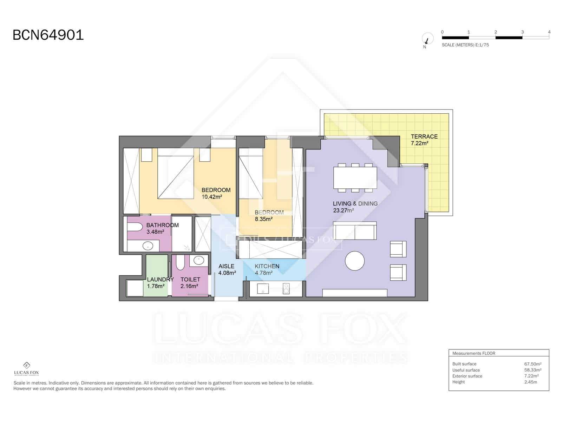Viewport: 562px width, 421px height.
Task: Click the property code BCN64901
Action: point(48,35)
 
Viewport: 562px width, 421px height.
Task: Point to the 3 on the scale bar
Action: point(522,32)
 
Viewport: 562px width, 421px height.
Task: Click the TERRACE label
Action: point(424,136)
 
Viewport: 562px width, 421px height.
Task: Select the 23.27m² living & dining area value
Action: point(343,210)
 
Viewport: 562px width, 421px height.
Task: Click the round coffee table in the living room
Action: point(355,261)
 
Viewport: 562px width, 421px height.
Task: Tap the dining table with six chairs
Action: point(355,178)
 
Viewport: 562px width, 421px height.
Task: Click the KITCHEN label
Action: point(267,266)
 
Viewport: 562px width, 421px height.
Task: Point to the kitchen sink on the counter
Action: point(263,289)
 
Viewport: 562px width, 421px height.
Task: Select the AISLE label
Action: point(226,266)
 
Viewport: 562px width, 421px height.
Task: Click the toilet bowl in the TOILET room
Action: point(180,263)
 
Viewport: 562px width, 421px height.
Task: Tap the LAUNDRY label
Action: point(160,280)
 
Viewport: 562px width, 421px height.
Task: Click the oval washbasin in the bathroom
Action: point(148,246)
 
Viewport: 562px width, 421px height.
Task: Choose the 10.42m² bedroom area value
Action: point(211,197)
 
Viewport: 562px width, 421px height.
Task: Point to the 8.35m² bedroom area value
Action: point(264,219)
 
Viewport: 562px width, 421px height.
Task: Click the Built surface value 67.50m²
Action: point(532,364)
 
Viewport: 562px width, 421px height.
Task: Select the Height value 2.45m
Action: point(530,382)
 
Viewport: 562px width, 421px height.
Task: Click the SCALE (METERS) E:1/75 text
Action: point(465,45)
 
